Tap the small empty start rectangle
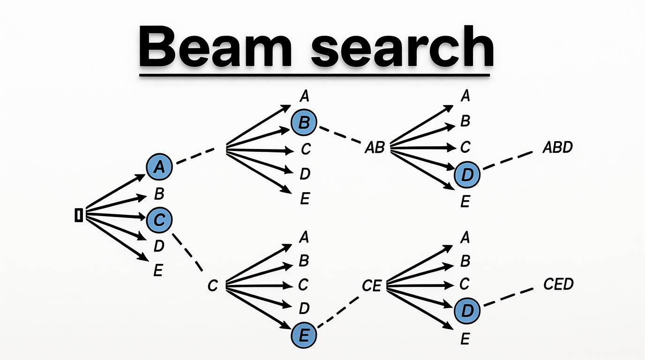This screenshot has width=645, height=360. tap(79, 215)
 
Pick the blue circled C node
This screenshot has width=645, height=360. tap(159, 219)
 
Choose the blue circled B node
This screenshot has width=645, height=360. tap(304, 123)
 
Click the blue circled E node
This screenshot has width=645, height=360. tap(304, 335)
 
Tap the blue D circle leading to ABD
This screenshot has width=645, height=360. tap(467, 175)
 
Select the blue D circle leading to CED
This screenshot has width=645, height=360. tap(467, 310)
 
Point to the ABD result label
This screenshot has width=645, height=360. tap(557, 147)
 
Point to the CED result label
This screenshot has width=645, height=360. tap(558, 284)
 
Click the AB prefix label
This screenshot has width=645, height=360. tap(375, 148)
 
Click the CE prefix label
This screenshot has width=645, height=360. tap(372, 285)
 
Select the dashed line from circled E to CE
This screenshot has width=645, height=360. tap(338, 312)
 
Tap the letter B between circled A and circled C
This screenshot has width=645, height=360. tap(159, 194)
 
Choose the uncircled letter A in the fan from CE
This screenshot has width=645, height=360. tap(465, 238)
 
